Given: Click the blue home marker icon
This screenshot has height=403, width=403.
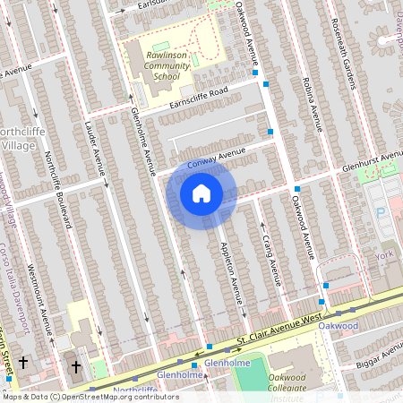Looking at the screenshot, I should click(201, 193).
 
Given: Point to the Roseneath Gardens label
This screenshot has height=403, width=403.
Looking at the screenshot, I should click(347, 52).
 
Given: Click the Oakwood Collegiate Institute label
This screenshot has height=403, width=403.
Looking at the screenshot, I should click(300, 382).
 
